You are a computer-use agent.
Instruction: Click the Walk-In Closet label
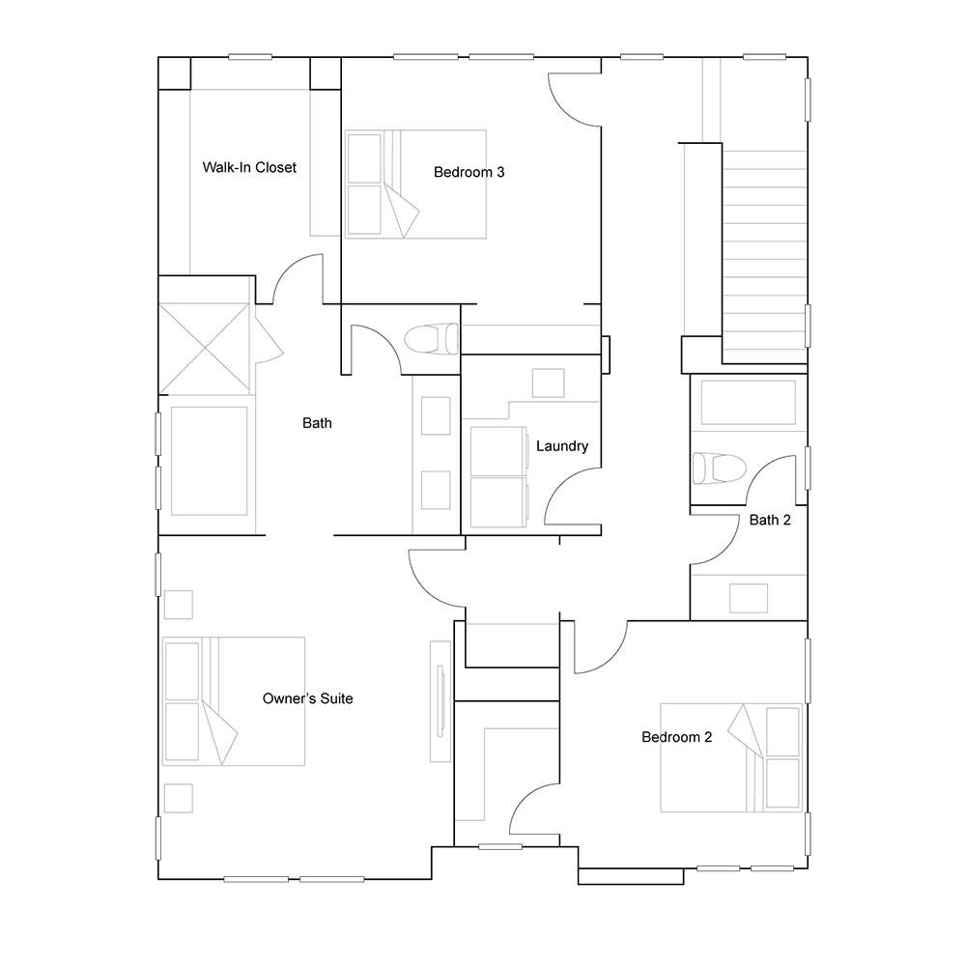tap(249, 167)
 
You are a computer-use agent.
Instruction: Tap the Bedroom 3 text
tap(469, 172)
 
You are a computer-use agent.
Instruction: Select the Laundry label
tap(562, 445)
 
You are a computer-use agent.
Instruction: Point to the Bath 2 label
tap(770, 520)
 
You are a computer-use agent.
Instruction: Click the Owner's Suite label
tap(307, 698)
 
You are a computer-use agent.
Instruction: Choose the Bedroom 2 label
tap(676, 737)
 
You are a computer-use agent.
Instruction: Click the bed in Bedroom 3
tap(415, 184)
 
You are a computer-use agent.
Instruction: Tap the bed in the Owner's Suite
tap(234, 701)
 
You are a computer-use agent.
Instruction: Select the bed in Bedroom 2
tap(731, 757)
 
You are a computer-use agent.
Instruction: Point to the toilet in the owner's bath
tap(431, 338)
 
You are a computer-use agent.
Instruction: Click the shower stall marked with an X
tap(205, 348)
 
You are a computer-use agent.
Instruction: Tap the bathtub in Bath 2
tap(749, 402)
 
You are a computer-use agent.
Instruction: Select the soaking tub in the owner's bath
tap(209, 461)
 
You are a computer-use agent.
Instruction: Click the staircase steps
tap(764, 256)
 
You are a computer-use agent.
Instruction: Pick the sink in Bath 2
tap(749, 598)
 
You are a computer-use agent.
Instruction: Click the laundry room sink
tap(549, 383)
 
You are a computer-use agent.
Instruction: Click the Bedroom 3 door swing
tap(574, 99)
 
